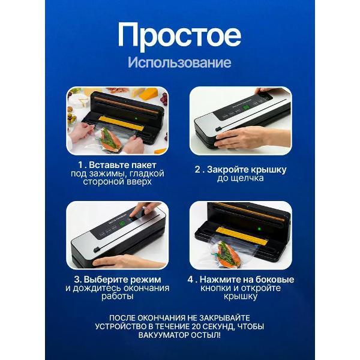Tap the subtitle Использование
coord(179,63)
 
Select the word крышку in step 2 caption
coord(266,169)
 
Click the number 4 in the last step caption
coord(191,279)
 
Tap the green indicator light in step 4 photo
coord(260,229)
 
